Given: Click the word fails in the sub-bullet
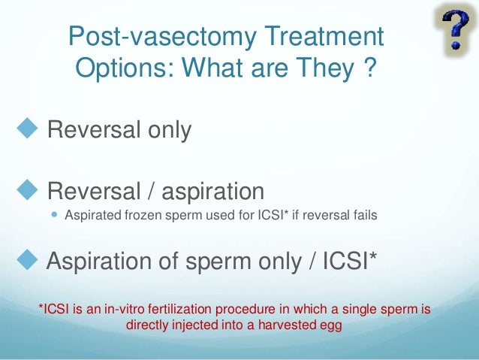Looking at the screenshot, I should click(363, 216).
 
